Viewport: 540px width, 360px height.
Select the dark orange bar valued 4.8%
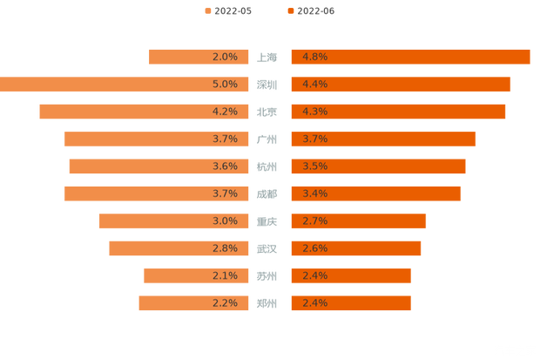[x=410, y=57]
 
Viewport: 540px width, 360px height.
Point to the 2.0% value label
[x=225, y=57]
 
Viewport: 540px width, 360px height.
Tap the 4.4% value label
[x=314, y=85]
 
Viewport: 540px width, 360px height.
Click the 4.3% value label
[x=314, y=112]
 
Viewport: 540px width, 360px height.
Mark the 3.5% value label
[x=314, y=166]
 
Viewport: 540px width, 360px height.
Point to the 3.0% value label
[x=225, y=221]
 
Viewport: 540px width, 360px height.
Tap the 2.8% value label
[x=225, y=248]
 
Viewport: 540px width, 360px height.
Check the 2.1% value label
[x=225, y=275]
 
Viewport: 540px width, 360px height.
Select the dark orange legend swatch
[x=289, y=10]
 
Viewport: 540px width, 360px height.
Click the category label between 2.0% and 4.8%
[x=268, y=58]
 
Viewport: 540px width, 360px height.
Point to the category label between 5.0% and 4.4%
[x=268, y=85]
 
